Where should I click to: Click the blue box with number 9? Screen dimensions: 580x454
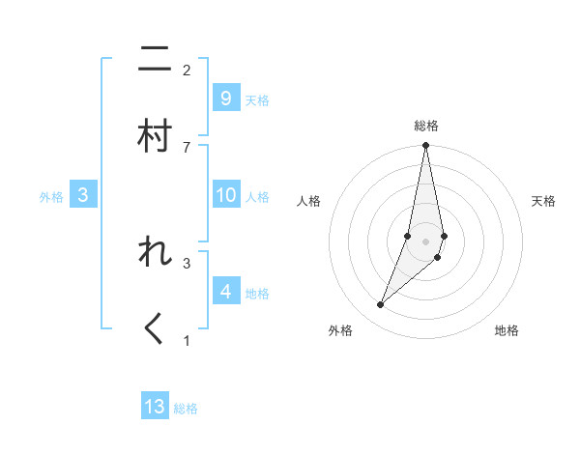tap(226, 99)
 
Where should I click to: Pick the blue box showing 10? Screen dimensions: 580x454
tap(226, 195)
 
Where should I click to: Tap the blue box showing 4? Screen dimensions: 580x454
tap(226, 292)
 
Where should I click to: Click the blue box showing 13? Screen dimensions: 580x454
tap(155, 407)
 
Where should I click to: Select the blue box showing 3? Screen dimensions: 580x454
tap(83, 195)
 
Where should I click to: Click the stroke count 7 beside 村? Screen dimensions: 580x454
tap(187, 147)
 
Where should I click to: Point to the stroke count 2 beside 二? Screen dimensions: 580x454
tap(187, 71)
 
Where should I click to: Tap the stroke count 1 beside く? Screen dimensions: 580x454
tap(187, 340)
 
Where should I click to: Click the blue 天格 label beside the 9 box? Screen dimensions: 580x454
tap(257, 100)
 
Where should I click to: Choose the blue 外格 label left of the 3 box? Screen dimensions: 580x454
tap(51, 197)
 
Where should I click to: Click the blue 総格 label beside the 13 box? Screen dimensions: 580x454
tap(186, 409)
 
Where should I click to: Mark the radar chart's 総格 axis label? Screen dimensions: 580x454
tap(426, 126)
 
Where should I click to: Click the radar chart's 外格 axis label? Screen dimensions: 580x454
tap(340, 330)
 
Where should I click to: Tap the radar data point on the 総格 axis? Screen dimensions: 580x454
tap(426, 146)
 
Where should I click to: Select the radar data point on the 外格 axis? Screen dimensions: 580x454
tap(381, 304)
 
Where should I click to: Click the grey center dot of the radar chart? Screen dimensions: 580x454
tap(426, 241)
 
